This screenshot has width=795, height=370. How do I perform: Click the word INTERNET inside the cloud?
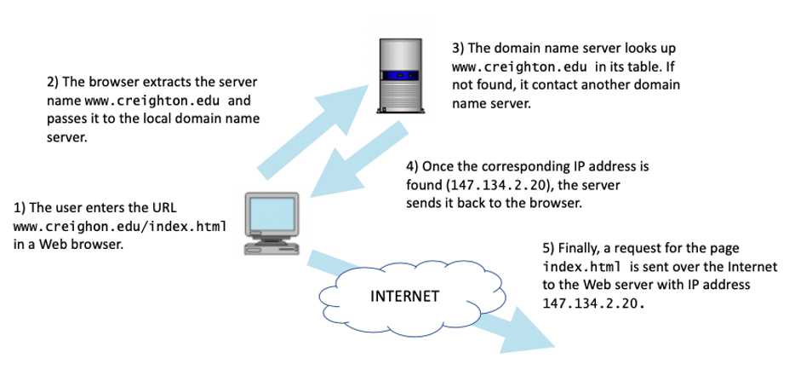tap(405, 298)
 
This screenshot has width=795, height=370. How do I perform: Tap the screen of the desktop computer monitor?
tap(270, 215)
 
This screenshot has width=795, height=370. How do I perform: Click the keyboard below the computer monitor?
tap(271, 248)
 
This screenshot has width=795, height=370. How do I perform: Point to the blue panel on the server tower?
tap(400, 78)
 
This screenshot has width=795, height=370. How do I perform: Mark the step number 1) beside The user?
tap(21, 207)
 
